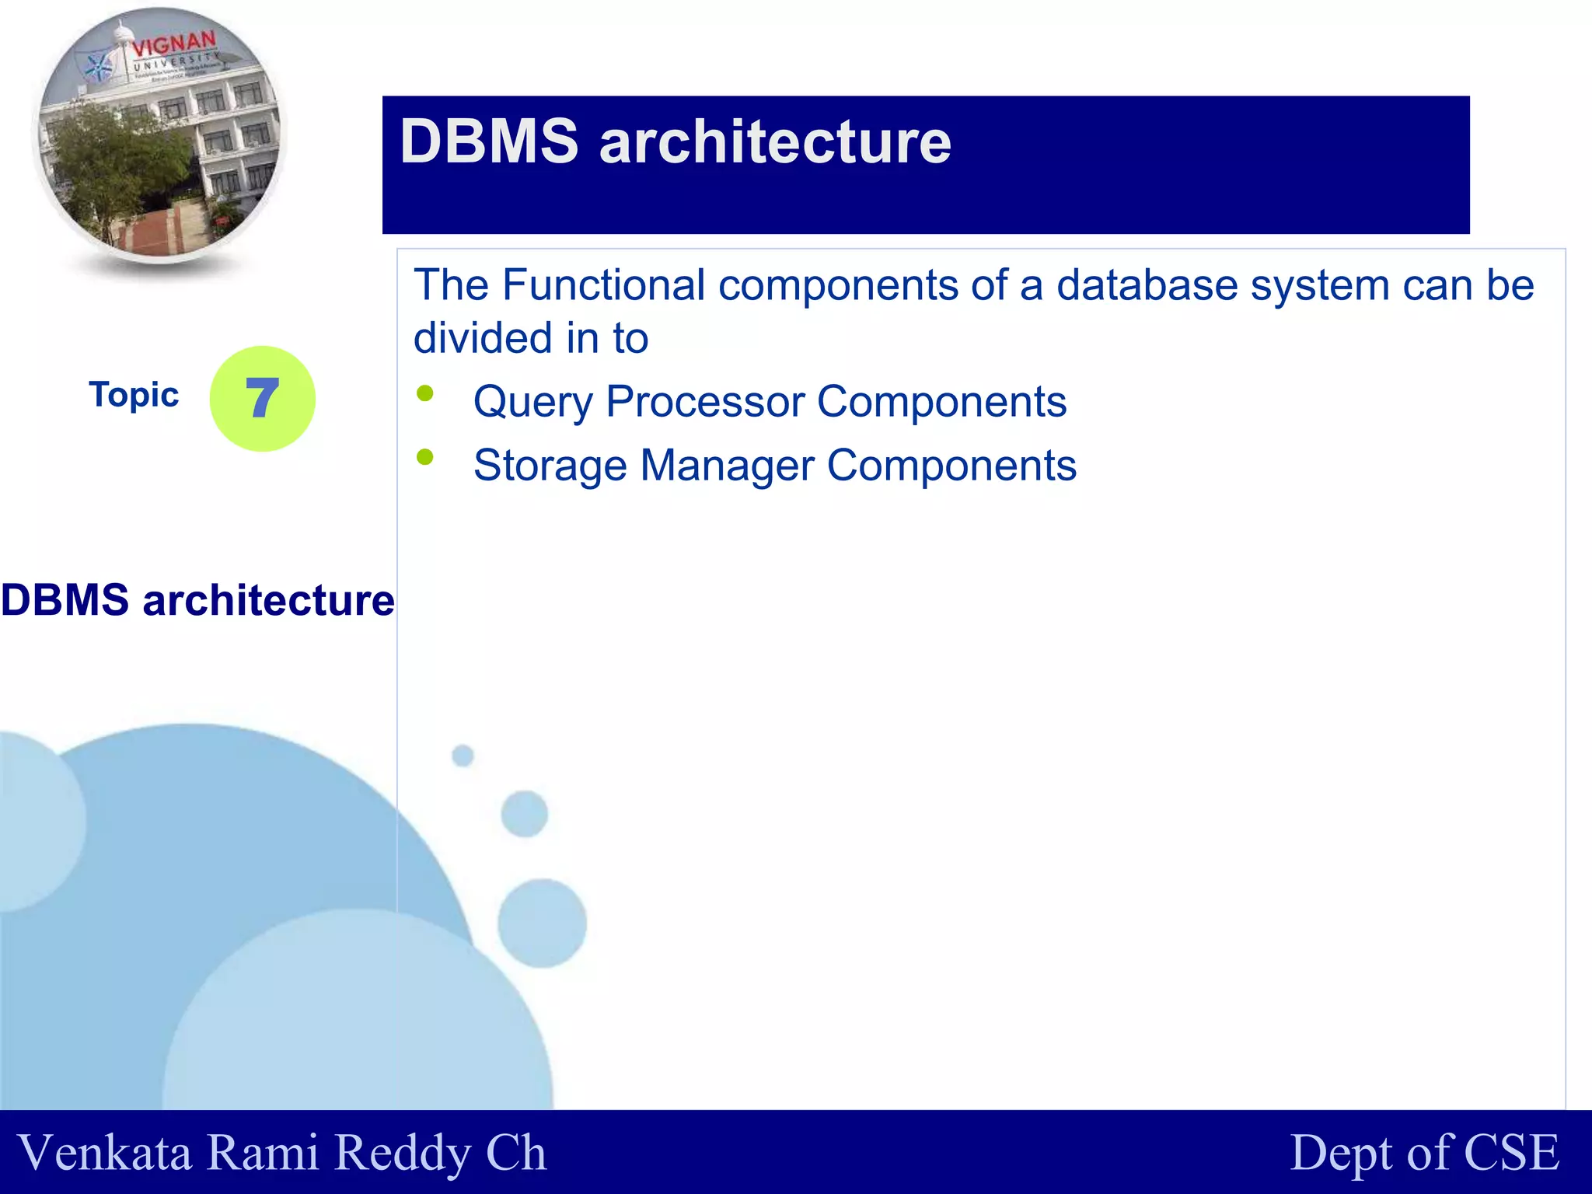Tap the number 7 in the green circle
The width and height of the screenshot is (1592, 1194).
262,398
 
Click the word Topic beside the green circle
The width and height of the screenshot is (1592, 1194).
134,395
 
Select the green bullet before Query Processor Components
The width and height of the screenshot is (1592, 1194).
424,393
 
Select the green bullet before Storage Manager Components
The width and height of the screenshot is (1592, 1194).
424,457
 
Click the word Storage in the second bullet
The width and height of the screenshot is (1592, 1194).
550,466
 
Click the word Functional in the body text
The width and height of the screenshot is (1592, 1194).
604,285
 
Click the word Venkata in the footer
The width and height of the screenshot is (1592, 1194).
105,1152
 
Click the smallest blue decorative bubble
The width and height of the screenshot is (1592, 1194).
463,755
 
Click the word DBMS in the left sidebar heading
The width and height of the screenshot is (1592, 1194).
65,600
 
